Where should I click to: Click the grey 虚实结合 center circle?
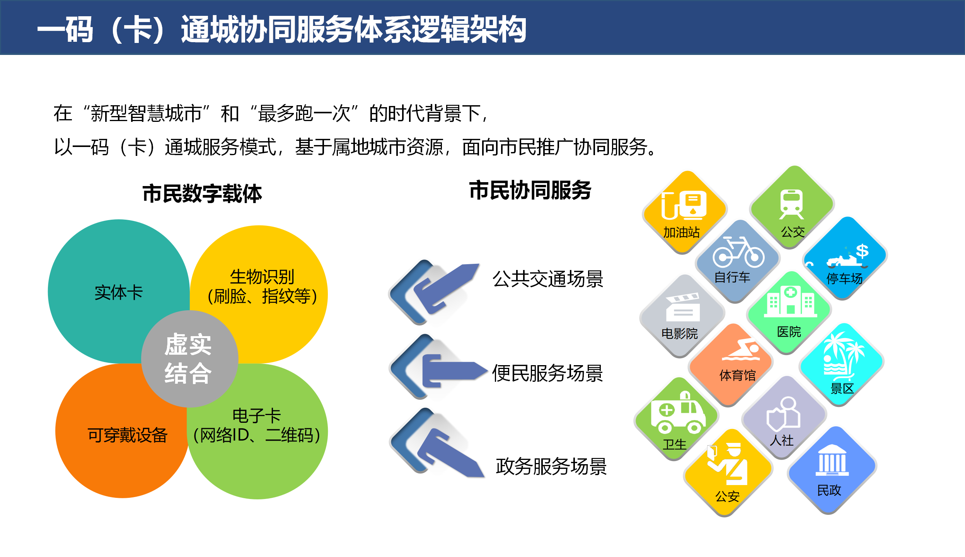[x=189, y=359]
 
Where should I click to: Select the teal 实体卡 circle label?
[x=119, y=292]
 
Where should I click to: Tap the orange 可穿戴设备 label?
[x=127, y=435]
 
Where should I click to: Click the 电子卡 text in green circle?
[x=257, y=416]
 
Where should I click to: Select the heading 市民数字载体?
[x=202, y=193]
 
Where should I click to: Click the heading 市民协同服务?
[x=530, y=190]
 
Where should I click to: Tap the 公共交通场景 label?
[x=547, y=279]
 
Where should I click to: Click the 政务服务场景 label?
[x=551, y=466]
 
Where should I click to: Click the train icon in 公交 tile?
[x=791, y=204]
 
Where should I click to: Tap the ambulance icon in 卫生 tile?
[x=677, y=414]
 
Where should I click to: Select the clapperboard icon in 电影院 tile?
[x=683, y=307]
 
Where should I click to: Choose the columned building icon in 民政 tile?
[x=832, y=460]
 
